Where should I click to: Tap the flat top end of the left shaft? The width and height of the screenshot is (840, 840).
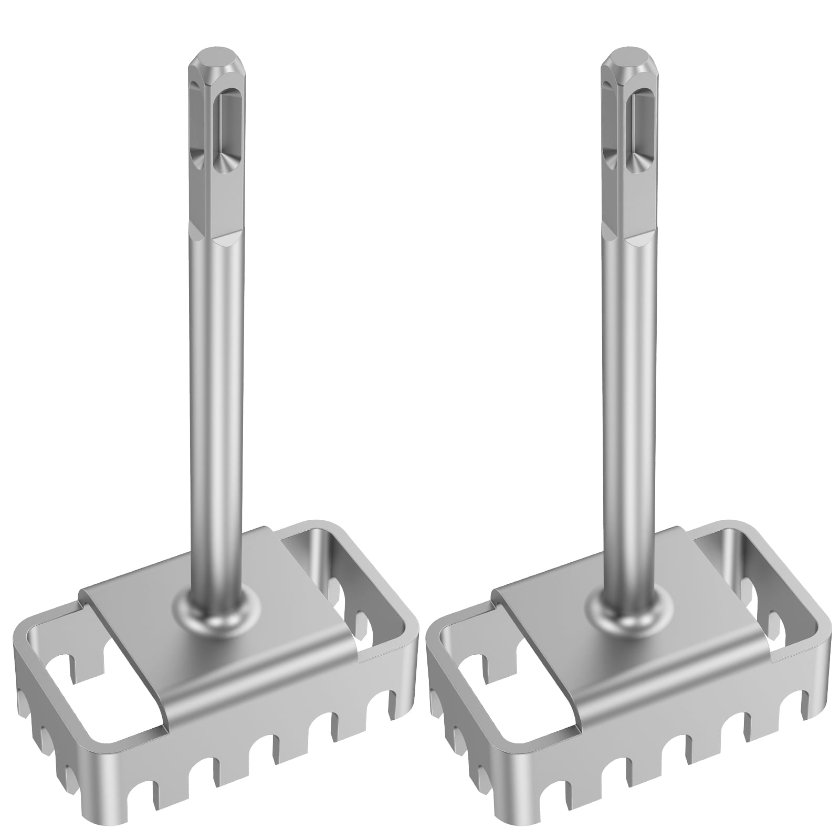pyautogui.click(x=213, y=58)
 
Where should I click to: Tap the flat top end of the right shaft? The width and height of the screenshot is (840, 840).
pyautogui.click(x=628, y=58)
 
